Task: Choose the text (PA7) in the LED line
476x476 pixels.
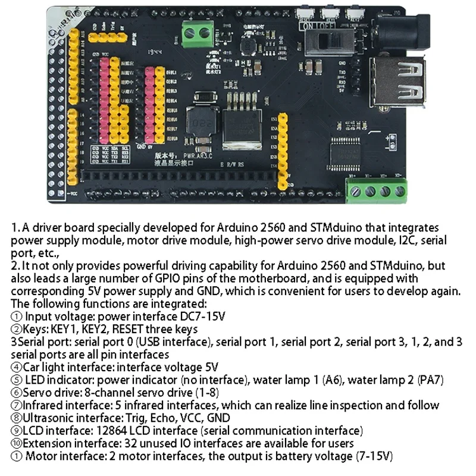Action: tap(431, 380)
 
